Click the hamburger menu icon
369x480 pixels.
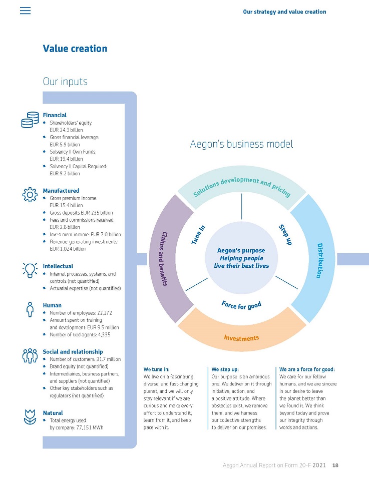click(x=25, y=11)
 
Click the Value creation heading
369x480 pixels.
click(x=75, y=49)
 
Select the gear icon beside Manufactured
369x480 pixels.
click(x=30, y=195)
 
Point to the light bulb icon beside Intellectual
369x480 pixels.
click(x=30, y=270)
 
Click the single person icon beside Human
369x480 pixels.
click(x=30, y=309)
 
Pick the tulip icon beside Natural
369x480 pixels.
click(x=30, y=417)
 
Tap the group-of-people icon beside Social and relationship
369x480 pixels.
click(x=30, y=355)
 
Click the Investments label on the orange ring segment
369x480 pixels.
click(x=241, y=338)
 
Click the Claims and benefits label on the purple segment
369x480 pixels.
click(x=164, y=258)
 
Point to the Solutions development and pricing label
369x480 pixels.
click(x=241, y=187)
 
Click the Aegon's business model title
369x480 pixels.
click(x=241, y=144)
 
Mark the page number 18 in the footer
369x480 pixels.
click(x=335, y=465)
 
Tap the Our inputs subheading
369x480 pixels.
click(x=65, y=81)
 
